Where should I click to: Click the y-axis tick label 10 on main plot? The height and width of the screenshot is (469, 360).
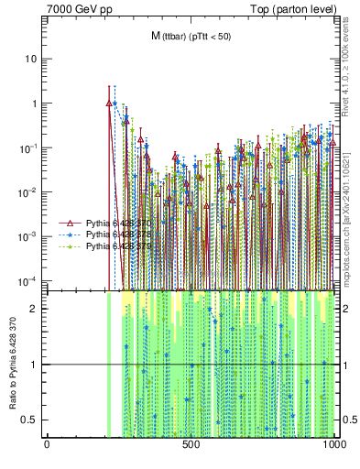31,59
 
